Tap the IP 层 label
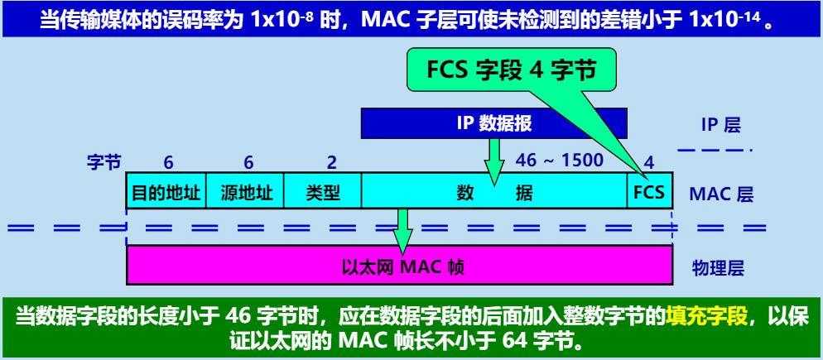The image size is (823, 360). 720,125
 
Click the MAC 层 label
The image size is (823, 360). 720,195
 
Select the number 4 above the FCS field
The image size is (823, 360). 649,162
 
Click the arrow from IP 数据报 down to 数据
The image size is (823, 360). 494,160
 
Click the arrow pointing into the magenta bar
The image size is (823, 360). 403,229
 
